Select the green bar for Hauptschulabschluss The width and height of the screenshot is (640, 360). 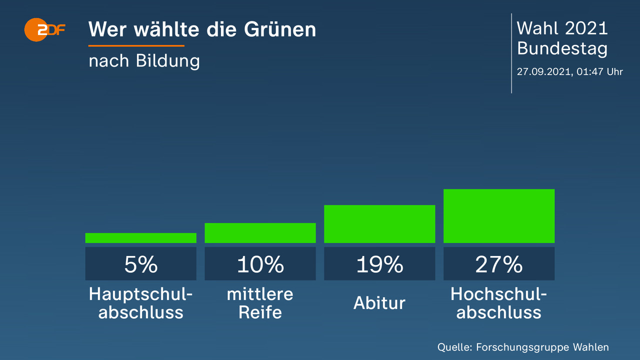point(140,238)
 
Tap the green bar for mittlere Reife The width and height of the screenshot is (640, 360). point(260,233)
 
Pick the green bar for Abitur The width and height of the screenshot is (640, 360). point(379,224)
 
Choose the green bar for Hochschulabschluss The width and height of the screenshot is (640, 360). point(499,216)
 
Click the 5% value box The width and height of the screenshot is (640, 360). point(140,263)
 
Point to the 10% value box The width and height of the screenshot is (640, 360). point(260,263)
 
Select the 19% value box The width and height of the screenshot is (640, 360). point(379,263)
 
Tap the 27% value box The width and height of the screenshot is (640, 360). point(499,263)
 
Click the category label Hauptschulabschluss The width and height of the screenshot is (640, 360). point(140,303)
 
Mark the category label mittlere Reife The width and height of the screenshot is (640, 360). point(260,303)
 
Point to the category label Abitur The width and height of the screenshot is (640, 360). point(379,303)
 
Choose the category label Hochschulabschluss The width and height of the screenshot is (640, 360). point(499,303)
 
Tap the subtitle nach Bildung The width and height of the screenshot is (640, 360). point(144,61)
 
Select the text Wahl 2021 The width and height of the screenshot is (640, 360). point(562,28)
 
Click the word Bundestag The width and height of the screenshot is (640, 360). point(562,48)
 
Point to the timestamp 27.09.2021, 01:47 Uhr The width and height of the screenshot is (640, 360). point(569,71)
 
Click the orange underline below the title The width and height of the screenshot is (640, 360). point(136,46)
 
